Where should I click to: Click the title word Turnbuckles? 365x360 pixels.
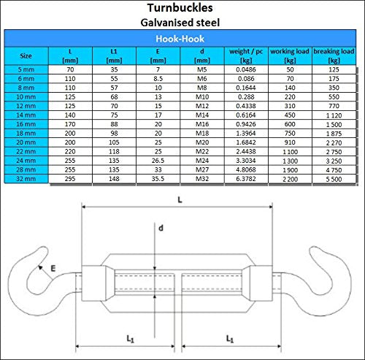180,8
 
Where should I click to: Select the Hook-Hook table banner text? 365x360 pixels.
180,39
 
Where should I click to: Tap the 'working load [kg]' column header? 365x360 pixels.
290,55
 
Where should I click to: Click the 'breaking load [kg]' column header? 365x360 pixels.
334,55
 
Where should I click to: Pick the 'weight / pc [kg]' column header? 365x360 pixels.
246,55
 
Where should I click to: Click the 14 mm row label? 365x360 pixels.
26,115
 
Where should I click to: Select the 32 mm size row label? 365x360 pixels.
26,179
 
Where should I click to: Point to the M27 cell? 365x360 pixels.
202,169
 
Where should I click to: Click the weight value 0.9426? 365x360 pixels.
246,124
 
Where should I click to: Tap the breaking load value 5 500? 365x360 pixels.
334,179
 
